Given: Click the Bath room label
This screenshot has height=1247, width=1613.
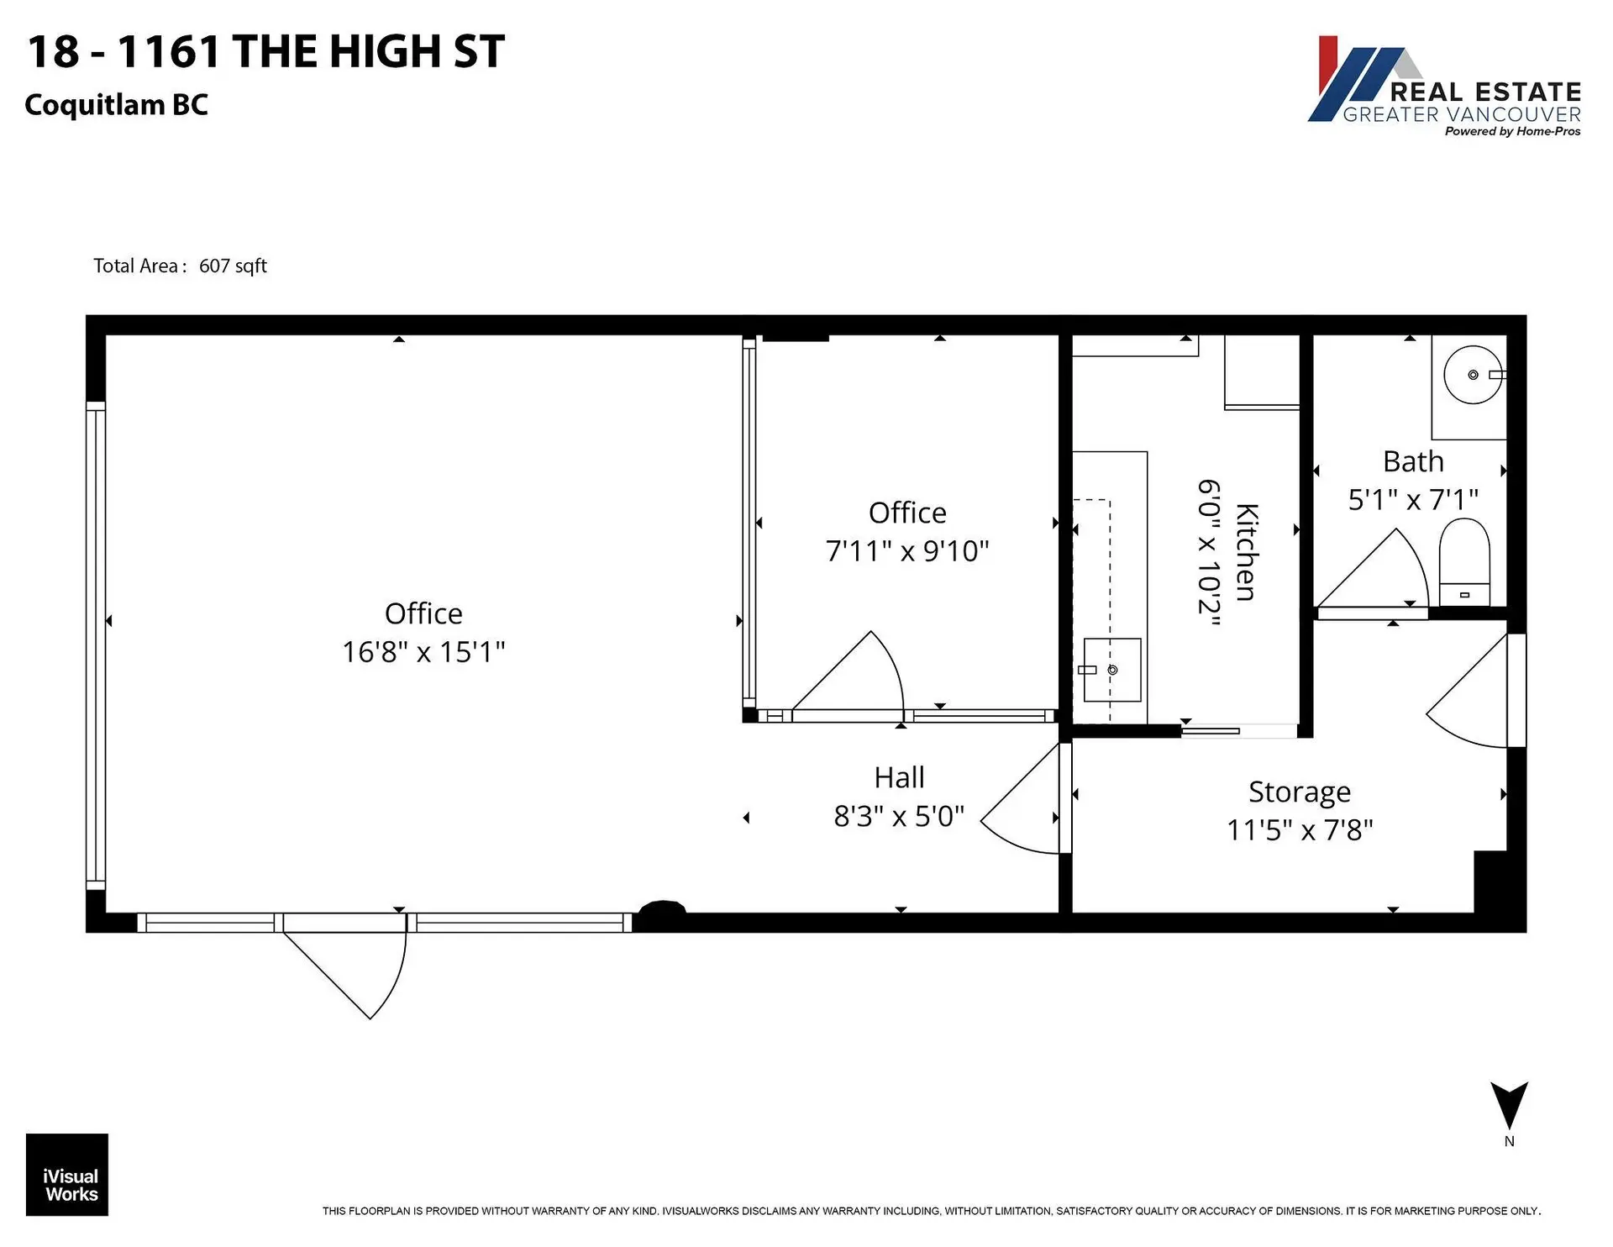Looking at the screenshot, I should pyautogui.click(x=1413, y=462).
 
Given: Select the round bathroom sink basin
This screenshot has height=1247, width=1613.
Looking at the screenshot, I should pyautogui.click(x=1472, y=375).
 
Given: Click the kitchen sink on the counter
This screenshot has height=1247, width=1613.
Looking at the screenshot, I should pyautogui.click(x=1111, y=670).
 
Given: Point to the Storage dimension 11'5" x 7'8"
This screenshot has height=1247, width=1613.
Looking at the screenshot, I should pyautogui.click(x=1300, y=830).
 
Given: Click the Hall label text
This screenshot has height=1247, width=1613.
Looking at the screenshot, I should pyautogui.click(x=899, y=777).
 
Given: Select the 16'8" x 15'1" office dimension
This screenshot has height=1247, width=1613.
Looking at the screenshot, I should pyautogui.click(x=423, y=652).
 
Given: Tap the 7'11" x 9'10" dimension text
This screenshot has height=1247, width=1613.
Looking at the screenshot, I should pyautogui.click(x=907, y=551).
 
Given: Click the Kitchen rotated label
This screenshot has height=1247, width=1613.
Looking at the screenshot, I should pyautogui.click(x=1246, y=552).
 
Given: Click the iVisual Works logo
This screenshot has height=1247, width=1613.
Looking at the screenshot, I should pyautogui.click(x=67, y=1175).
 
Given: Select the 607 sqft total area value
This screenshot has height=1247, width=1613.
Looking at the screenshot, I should pyautogui.click(x=233, y=266).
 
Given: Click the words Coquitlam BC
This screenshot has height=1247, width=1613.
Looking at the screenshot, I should pyautogui.click(x=116, y=105).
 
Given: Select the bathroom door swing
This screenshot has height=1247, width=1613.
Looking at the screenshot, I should pyautogui.click(x=1378, y=571).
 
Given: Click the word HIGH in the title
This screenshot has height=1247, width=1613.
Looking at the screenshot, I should pyautogui.click(x=384, y=52).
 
